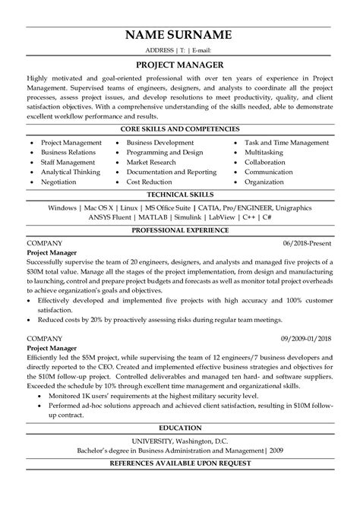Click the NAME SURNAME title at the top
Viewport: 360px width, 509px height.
pos(180,35)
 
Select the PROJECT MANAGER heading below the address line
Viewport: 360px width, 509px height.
pos(180,65)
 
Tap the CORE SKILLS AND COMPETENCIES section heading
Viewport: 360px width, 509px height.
pos(180,130)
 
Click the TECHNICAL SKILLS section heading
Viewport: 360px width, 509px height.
pos(180,195)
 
